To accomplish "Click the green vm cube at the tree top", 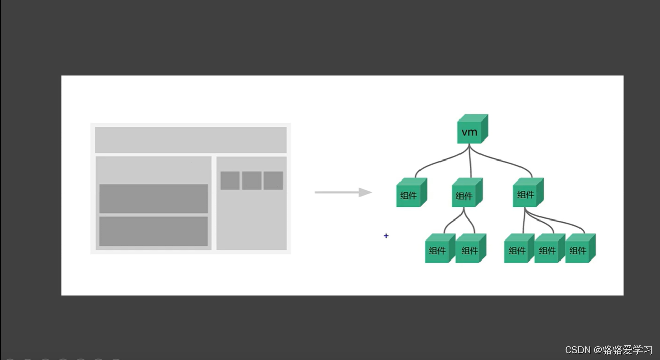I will coord(471,130).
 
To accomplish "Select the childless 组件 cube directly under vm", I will coord(410,194).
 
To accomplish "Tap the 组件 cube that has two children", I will coord(466,194).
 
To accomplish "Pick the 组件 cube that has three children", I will coord(527,193).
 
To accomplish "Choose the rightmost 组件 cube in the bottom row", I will coord(579,249).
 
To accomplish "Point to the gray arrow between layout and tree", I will coord(343,192).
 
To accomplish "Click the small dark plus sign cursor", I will coord(386,236).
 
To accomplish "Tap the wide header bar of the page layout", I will coord(190,140).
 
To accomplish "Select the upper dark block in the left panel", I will coord(153,198).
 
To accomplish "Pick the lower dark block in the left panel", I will coord(153,231).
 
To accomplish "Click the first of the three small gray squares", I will coord(230,181).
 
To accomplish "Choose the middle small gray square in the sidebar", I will coord(252,181).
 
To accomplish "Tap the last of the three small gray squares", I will coord(273,181).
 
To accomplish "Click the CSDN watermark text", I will coord(577,350).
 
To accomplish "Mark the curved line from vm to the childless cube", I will coord(436,164).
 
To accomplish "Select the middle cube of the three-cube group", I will coord(549,249).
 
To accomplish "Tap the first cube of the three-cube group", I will coord(518,249).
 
